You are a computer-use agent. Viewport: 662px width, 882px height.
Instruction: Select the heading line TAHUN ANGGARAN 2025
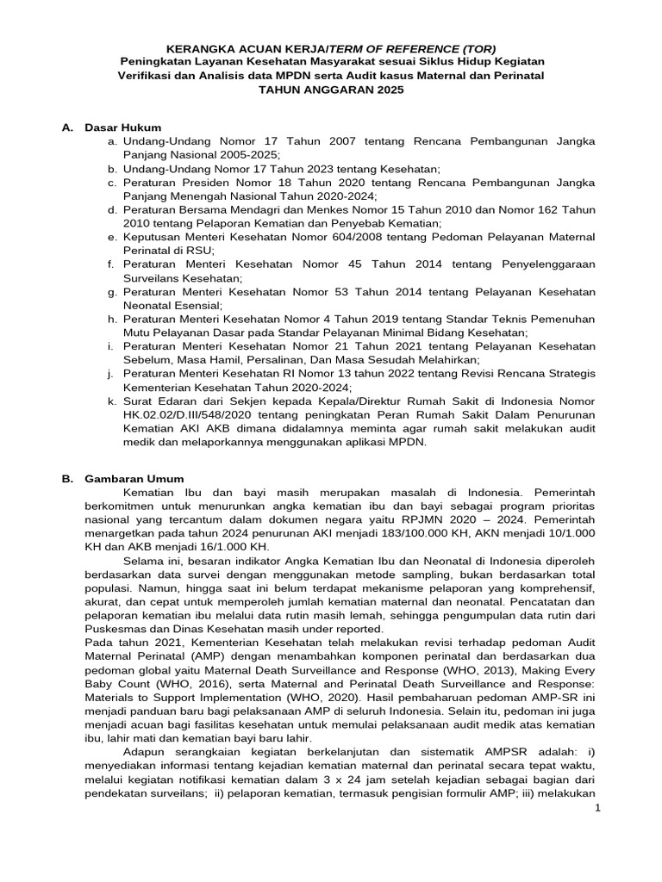[331, 90]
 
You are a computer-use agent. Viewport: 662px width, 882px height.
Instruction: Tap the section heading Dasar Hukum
[123, 127]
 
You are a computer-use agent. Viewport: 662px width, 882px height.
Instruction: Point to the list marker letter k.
[112, 401]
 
